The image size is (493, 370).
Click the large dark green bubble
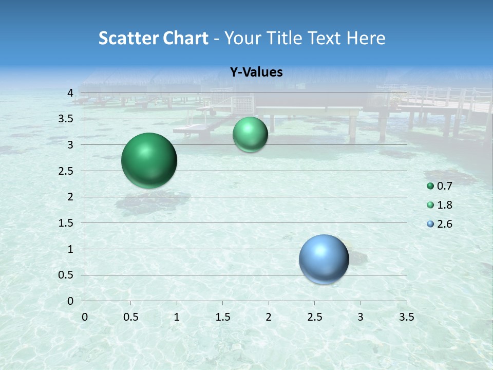(x=149, y=160)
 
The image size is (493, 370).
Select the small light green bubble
(x=250, y=135)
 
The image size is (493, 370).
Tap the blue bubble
(x=324, y=259)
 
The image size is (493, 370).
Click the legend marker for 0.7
(x=430, y=186)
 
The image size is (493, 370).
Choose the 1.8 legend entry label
(x=444, y=205)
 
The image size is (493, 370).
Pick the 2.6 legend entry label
(x=444, y=224)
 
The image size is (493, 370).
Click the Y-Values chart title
(x=256, y=72)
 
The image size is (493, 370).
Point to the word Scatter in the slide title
(x=128, y=38)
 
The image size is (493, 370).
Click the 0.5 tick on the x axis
(x=131, y=317)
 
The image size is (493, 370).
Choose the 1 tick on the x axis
(x=177, y=317)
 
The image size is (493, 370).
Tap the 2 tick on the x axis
(x=269, y=317)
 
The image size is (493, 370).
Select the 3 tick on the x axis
(x=361, y=317)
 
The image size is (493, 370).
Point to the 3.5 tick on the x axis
(x=406, y=317)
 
